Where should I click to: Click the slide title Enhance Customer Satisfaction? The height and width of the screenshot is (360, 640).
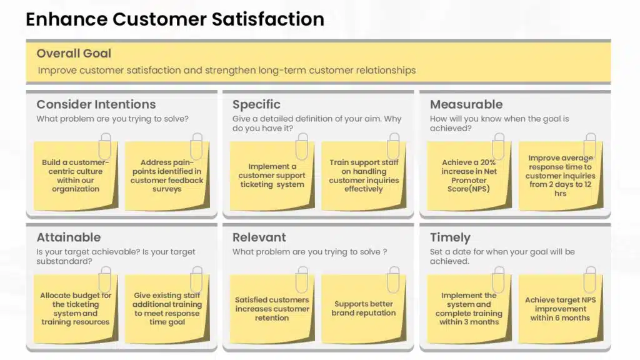coord(175,19)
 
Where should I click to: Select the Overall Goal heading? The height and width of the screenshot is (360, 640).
coord(74,54)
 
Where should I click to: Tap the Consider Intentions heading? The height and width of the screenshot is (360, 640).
coord(96,104)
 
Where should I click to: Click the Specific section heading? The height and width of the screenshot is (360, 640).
coord(256,105)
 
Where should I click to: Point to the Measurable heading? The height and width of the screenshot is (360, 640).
coord(466,104)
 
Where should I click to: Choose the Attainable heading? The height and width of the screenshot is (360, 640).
coord(69,237)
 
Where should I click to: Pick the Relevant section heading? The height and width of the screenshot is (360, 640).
coord(259,237)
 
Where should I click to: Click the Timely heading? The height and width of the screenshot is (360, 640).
coord(450,238)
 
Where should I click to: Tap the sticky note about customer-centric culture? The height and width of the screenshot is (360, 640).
coord(76,176)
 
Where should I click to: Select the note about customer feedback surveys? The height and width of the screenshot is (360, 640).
coord(167,176)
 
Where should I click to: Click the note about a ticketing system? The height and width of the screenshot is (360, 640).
coord(272,176)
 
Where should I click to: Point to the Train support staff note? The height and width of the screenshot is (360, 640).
coord(364,176)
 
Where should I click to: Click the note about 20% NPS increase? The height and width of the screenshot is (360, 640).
coord(469,176)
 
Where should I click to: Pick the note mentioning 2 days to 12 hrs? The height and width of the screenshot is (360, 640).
coord(561,176)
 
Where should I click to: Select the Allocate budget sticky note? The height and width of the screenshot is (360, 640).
coord(76,309)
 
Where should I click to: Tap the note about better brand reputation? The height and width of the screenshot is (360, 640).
coord(364,309)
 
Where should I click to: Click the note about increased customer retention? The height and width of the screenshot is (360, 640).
coord(272,309)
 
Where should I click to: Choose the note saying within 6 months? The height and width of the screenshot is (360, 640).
coord(561,309)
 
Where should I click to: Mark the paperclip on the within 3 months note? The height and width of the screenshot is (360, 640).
coord(499,279)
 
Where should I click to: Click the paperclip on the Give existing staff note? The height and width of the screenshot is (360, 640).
coord(197,279)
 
